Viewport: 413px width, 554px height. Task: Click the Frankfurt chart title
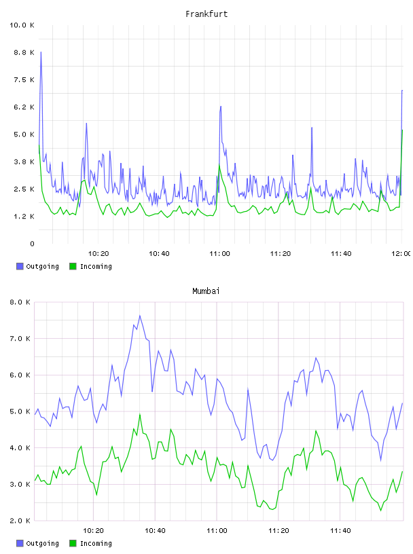coord(206,14)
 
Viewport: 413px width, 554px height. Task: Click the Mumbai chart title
coord(206,291)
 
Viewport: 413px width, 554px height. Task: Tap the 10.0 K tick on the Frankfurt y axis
coord(22,25)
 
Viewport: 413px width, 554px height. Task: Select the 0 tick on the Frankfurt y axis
coord(32,244)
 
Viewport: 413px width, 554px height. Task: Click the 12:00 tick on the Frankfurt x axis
coord(401,254)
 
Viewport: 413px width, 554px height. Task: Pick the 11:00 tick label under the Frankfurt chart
coord(219,254)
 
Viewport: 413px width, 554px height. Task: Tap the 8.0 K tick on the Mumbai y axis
coord(20,302)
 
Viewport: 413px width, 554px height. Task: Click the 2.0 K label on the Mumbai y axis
coord(20,521)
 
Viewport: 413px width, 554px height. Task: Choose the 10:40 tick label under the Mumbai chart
coord(155,531)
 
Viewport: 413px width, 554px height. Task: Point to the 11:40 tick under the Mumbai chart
coord(340,531)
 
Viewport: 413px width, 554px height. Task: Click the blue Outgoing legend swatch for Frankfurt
coord(20,266)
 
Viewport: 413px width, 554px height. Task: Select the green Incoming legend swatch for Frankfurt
coord(73,266)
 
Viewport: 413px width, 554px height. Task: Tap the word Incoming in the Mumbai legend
coord(96,543)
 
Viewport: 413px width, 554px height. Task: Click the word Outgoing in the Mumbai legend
coord(42,543)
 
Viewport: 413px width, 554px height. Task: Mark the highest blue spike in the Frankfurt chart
coord(41,52)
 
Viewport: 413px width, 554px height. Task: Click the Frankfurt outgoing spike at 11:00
coord(221,107)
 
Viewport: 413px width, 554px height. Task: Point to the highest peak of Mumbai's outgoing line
coord(140,316)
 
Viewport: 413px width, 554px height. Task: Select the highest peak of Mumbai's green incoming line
coord(140,414)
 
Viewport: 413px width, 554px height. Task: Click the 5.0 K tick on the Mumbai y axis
coord(20,411)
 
